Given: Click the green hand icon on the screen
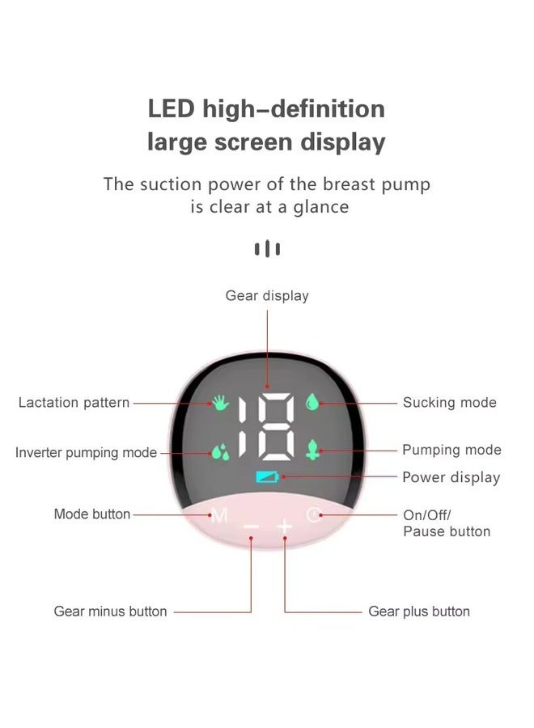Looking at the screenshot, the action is pos(221,403).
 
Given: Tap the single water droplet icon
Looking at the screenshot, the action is pos(312,402).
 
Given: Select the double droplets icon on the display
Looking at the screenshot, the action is pos(221,451).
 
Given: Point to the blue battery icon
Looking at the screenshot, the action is pos(268,476).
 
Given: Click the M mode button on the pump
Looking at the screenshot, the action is pos(218,515).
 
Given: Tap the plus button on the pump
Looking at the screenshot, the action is pos(285,527).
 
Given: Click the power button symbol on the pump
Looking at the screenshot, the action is pos(314,515).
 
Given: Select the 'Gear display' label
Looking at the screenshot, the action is pos(267,296).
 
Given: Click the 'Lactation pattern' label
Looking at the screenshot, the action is pos(74,402).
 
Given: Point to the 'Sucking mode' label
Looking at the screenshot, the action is pos(450,402).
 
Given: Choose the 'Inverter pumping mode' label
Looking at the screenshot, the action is pos(86,452).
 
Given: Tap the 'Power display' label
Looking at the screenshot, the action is pos(451,477).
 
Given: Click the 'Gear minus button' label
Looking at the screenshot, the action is pos(111,611).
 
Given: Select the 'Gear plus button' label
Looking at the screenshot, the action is pos(419,611).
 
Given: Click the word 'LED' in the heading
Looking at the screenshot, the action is pos(171,109).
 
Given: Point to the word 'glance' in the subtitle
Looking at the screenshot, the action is pos(320,207).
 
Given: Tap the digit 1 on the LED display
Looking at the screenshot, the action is pos(243,426).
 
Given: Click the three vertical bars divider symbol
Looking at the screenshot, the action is pos(267,248).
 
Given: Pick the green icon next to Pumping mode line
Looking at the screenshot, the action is pos(312,450).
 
